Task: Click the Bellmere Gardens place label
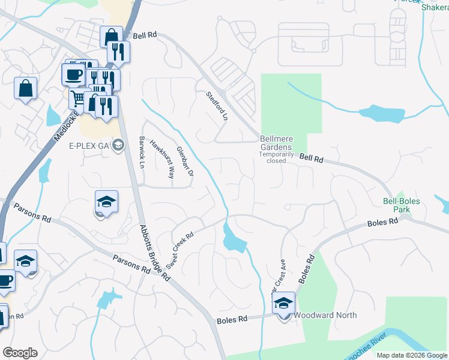tap(276, 143)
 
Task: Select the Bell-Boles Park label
tap(402, 205)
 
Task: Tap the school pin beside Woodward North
tap(283, 304)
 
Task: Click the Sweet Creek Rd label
tap(180, 251)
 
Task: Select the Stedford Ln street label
tap(217, 106)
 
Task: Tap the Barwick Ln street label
tap(142, 152)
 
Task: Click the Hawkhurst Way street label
tap(161, 160)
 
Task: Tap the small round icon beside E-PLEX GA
tap(119, 144)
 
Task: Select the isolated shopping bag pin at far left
tap(26, 89)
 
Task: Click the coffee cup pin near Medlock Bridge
tap(73, 74)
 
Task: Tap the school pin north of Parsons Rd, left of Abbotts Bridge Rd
tap(106, 202)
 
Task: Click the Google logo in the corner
tap(20, 353)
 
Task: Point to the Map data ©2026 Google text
tap(411, 355)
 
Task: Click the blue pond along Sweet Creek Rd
tap(233, 240)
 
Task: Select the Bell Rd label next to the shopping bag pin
tap(145, 36)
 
